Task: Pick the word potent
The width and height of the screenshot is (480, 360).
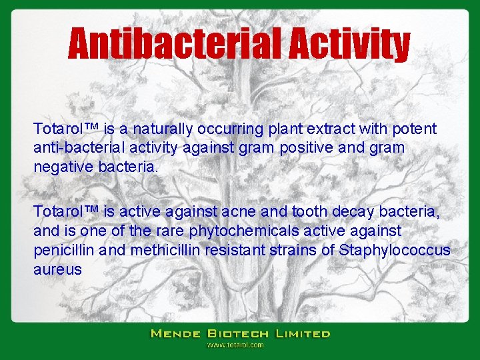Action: (415, 129)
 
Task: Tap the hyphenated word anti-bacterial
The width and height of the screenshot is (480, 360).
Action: (71, 147)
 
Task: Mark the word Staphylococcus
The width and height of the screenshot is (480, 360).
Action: (395, 250)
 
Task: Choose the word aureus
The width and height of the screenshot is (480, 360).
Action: (57, 269)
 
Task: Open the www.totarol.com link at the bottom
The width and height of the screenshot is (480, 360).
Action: (235, 345)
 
